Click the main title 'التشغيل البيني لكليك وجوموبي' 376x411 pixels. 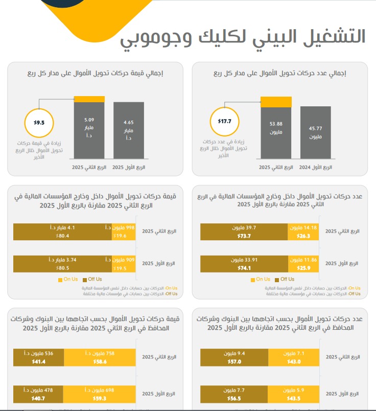pyautogui.click(x=243, y=37)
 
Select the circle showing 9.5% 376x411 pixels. pyautogui.click(x=39, y=123)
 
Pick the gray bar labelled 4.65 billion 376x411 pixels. pyautogui.click(x=129, y=130)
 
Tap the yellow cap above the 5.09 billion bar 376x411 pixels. pyautogui.click(x=89, y=99)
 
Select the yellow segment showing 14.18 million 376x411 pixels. pyautogui.click(x=303, y=232)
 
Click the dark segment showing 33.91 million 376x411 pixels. pyautogui.click(x=244, y=263)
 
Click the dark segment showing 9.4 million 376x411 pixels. pyautogui.click(x=234, y=357)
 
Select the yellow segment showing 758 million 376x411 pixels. pyautogui.click(x=100, y=357)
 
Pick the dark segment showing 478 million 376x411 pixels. pyautogui.click(x=38, y=394)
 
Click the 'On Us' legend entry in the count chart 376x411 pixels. pyautogui.click(x=261, y=279)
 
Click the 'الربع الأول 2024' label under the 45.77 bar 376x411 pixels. pyautogui.click(x=316, y=167)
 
